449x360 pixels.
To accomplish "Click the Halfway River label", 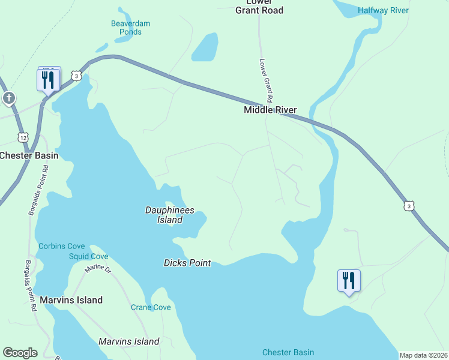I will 383,10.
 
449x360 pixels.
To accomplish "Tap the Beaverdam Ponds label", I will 130,28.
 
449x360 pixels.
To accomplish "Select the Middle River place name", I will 270,110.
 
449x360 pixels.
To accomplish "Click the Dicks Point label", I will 187,263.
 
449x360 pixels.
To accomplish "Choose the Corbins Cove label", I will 62,246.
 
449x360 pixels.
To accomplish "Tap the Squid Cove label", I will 88,256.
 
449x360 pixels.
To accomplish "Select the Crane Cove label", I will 151,307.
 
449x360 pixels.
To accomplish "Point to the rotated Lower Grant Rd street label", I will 267,80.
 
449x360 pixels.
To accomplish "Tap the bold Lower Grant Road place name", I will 259,7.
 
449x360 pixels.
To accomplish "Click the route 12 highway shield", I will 23,137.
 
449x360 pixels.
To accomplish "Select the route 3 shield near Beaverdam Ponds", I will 75,76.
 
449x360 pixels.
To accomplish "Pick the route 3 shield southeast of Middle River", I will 409,206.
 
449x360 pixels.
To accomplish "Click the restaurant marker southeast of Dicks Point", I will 349,281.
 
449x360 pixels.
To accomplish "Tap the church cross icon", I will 8,98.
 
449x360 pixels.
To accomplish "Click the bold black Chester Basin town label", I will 29,155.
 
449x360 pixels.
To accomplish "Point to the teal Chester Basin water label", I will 288,352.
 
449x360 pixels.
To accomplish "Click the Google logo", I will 20,353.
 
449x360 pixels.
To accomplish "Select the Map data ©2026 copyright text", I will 423,355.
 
